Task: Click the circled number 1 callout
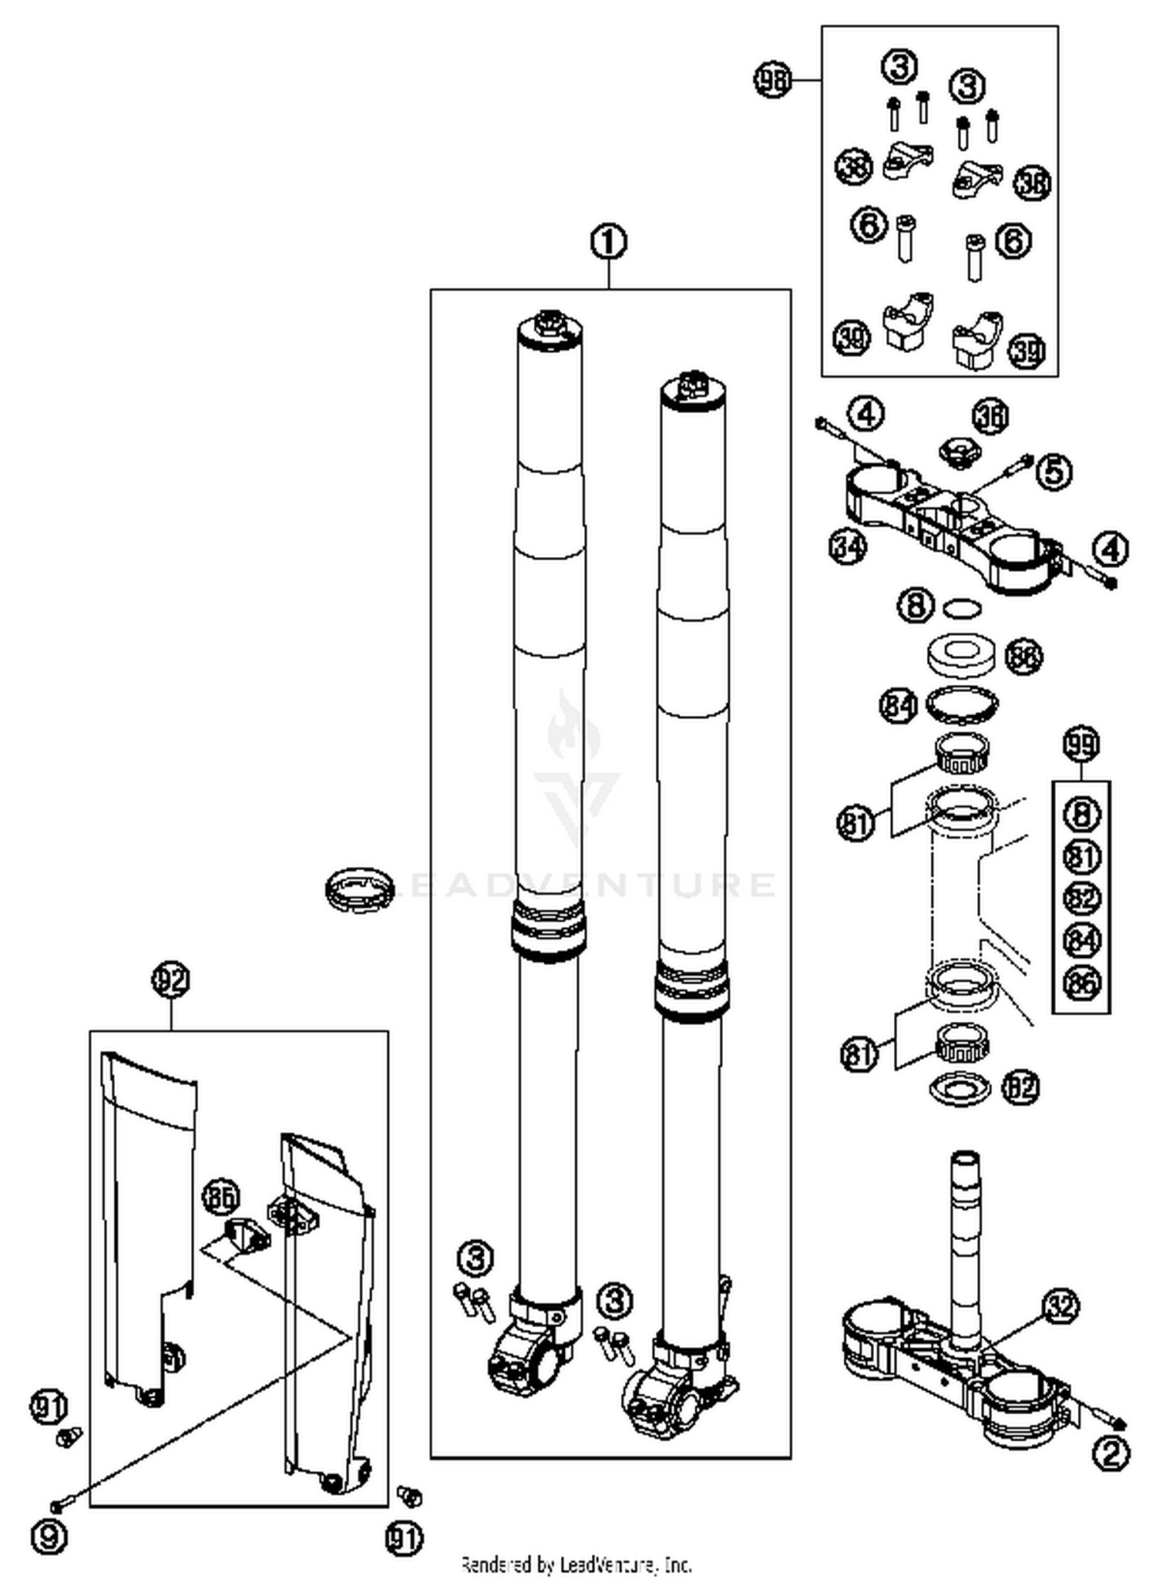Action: pyautogui.click(x=608, y=242)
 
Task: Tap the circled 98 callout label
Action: pyautogui.click(x=772, y=79)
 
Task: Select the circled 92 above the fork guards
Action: pyautogui.click(x=170, y=981)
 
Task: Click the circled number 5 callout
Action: pyautogui.click(x=1054, y=470)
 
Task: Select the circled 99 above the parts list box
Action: pyautogui.click(x=1081, y=744)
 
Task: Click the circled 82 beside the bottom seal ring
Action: pyautogui.click(x=1020, y=1087)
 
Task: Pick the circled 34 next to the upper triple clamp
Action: pyautogui.click(x=848, y=547)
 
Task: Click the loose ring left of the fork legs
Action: pyautogui.click(x=359, y=889)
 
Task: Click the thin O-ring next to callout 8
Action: pyautogui.click(x=962, y=609)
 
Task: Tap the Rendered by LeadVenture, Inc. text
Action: pyautogui.click(x=576, y=1564)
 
